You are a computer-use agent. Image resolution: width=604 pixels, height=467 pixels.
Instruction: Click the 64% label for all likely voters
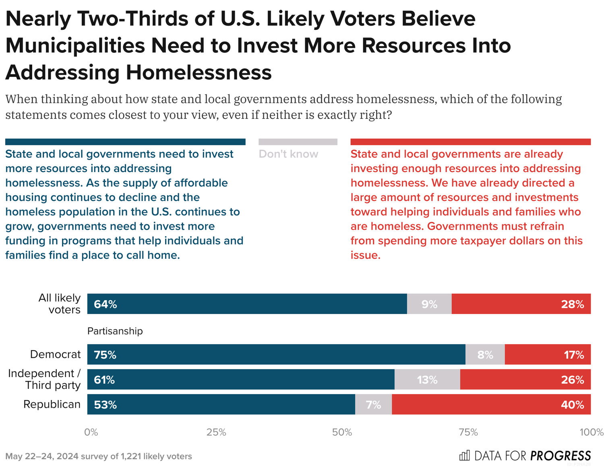click(105, 304)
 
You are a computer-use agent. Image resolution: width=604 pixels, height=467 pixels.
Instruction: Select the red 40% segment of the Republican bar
click(491, 404)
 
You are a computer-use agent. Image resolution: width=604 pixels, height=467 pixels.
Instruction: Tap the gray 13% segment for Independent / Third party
click(427, 380)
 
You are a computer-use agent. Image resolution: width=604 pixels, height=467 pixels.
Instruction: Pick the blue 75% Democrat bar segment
click(276, 355)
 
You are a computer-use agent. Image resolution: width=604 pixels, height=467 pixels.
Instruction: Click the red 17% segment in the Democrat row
click(548, 355)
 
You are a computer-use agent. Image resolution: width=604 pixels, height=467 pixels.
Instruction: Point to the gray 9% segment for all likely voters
click(429, 304)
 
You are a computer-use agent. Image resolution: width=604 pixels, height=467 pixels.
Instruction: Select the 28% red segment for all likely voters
click(521, 304)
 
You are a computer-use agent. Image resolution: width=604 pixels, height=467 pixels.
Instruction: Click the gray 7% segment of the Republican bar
click(373, 405)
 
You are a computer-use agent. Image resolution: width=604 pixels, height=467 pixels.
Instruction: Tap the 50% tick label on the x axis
click(342, 432)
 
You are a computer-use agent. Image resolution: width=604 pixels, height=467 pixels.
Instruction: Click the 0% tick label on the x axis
click(91, 432)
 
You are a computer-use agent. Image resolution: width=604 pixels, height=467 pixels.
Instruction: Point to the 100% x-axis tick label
click(591, 432)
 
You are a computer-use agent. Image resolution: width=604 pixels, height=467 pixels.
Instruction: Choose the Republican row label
click(52, 404)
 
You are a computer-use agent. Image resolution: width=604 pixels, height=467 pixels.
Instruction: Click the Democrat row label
click(55, 355)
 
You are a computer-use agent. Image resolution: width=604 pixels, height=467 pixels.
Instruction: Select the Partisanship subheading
click(115, 331)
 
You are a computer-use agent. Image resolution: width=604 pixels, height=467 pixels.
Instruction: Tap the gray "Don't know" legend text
click(288, 154)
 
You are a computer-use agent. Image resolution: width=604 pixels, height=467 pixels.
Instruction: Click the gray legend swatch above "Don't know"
click(298, 142)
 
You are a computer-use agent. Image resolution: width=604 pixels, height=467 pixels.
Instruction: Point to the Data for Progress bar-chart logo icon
click(464, 455)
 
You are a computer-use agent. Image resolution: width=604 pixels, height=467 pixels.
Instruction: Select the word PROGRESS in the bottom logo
click(561, 456)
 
